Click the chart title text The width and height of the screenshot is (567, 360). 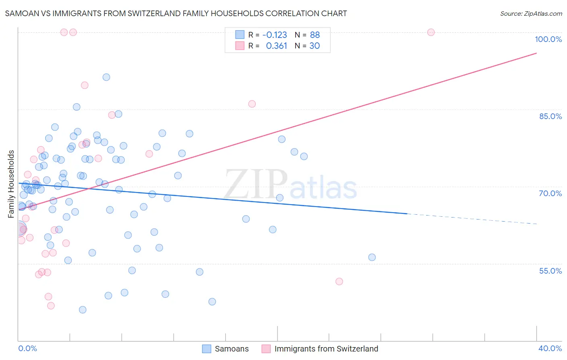176,13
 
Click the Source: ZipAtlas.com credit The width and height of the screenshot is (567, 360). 531,14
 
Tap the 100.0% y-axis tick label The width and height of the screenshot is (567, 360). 548,39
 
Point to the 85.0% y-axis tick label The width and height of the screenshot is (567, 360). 550,116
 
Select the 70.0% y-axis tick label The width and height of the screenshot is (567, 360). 550,193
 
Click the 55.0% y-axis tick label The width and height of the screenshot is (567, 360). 550,271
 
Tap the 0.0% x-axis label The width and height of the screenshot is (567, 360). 27,348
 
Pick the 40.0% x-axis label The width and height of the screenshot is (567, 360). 550,348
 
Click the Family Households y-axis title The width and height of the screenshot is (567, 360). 11,184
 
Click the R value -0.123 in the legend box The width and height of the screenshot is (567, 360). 275,35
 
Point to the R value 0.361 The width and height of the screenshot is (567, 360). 276,46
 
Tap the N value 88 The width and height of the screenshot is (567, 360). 315,35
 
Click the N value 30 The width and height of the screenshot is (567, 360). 315,46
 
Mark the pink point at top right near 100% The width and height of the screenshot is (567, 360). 431,32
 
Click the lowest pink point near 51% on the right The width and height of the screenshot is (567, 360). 339,282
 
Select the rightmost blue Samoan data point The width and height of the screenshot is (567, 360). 372,257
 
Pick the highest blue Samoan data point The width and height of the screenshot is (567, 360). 106,77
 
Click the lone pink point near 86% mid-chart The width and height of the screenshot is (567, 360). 252,104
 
